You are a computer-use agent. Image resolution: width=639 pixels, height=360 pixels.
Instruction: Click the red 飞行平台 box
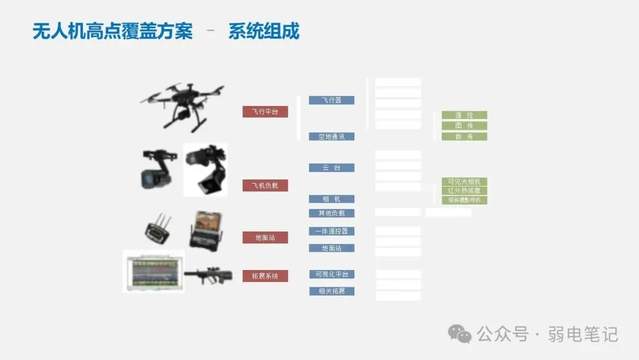(x=265, y=111)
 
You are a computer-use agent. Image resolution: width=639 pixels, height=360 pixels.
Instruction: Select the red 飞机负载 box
(x=265, y=185)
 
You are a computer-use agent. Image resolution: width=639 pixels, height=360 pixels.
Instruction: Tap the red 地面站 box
(x=265, y=237)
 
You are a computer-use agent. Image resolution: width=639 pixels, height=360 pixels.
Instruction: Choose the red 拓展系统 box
(x=265, y=276)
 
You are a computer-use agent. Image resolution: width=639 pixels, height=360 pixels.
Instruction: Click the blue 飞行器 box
(x=331, y=101)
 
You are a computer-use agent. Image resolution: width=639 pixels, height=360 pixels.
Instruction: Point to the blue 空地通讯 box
(x=331, y=136)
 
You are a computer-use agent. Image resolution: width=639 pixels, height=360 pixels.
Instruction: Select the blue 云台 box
(x=331, y=168)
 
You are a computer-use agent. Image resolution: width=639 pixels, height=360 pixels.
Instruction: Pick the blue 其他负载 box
(x=331, y=213)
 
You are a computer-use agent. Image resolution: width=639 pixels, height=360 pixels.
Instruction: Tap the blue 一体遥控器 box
(x=331, y=231)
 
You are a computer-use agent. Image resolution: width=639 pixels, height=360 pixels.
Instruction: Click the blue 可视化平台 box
(x=331, y=274)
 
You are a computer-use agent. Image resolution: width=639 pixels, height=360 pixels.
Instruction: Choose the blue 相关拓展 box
(x=331, y=291)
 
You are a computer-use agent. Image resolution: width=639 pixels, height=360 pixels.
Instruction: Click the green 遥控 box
(x=464, y=115)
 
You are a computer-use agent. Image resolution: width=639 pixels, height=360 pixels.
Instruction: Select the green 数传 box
(x=464, y=136)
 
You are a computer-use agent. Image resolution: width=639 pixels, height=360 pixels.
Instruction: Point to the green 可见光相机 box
(x=464, y=181)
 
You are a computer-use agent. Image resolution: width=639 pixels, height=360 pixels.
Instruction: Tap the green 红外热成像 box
(x=464, y=191)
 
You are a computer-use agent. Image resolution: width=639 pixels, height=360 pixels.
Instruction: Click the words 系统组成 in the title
(x=264, y=31)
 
